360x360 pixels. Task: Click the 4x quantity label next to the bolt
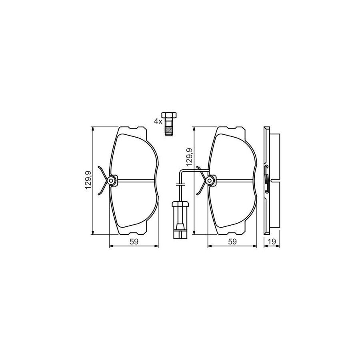tap(158, 121)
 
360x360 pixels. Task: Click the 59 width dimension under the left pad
tap(134, 241)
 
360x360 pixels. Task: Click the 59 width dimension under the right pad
tap(232, 241)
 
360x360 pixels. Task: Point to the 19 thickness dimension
tap(272, 241)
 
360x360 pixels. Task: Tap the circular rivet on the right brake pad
tap(210, 181)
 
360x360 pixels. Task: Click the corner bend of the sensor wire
tap(181, 171)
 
